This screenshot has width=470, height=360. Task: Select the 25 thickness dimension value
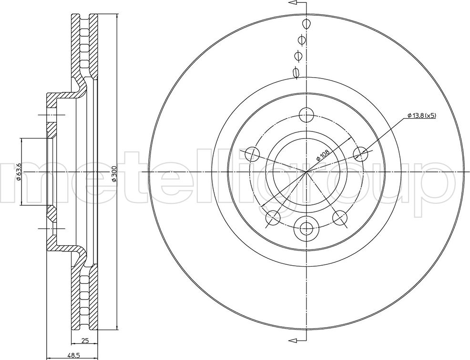pyautogui.click(x=85, y=340)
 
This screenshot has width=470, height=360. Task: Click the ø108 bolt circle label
pyautogui.click(x=323, y=155)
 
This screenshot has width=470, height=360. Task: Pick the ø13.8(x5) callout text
pyautogui.click(x=421, y=116)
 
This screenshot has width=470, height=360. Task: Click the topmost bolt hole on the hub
pyautogui.click(x=307, y=115)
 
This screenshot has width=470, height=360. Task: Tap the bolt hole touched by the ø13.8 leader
pyautogui.click(x=360, y=154)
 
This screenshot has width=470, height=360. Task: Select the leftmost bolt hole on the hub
pyautogui.click(x=252, y=154)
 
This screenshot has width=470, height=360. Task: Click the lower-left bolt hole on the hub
pyautogui.click(x=273, y=217)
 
